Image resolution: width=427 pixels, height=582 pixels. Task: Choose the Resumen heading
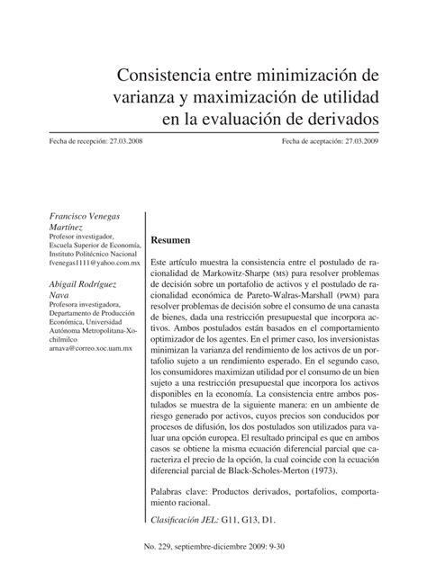point(170,240)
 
